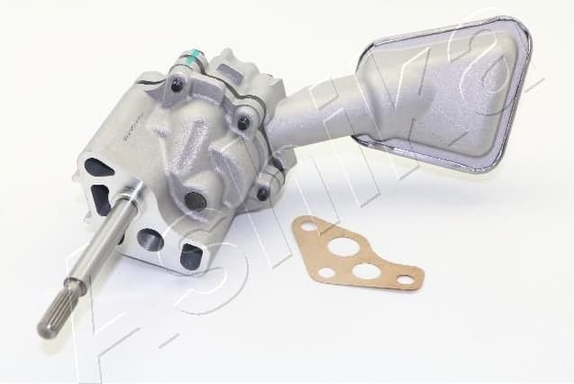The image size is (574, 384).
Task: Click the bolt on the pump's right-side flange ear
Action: (x=241, y=122)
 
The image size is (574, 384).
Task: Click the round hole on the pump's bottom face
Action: (x=149, y=241)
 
